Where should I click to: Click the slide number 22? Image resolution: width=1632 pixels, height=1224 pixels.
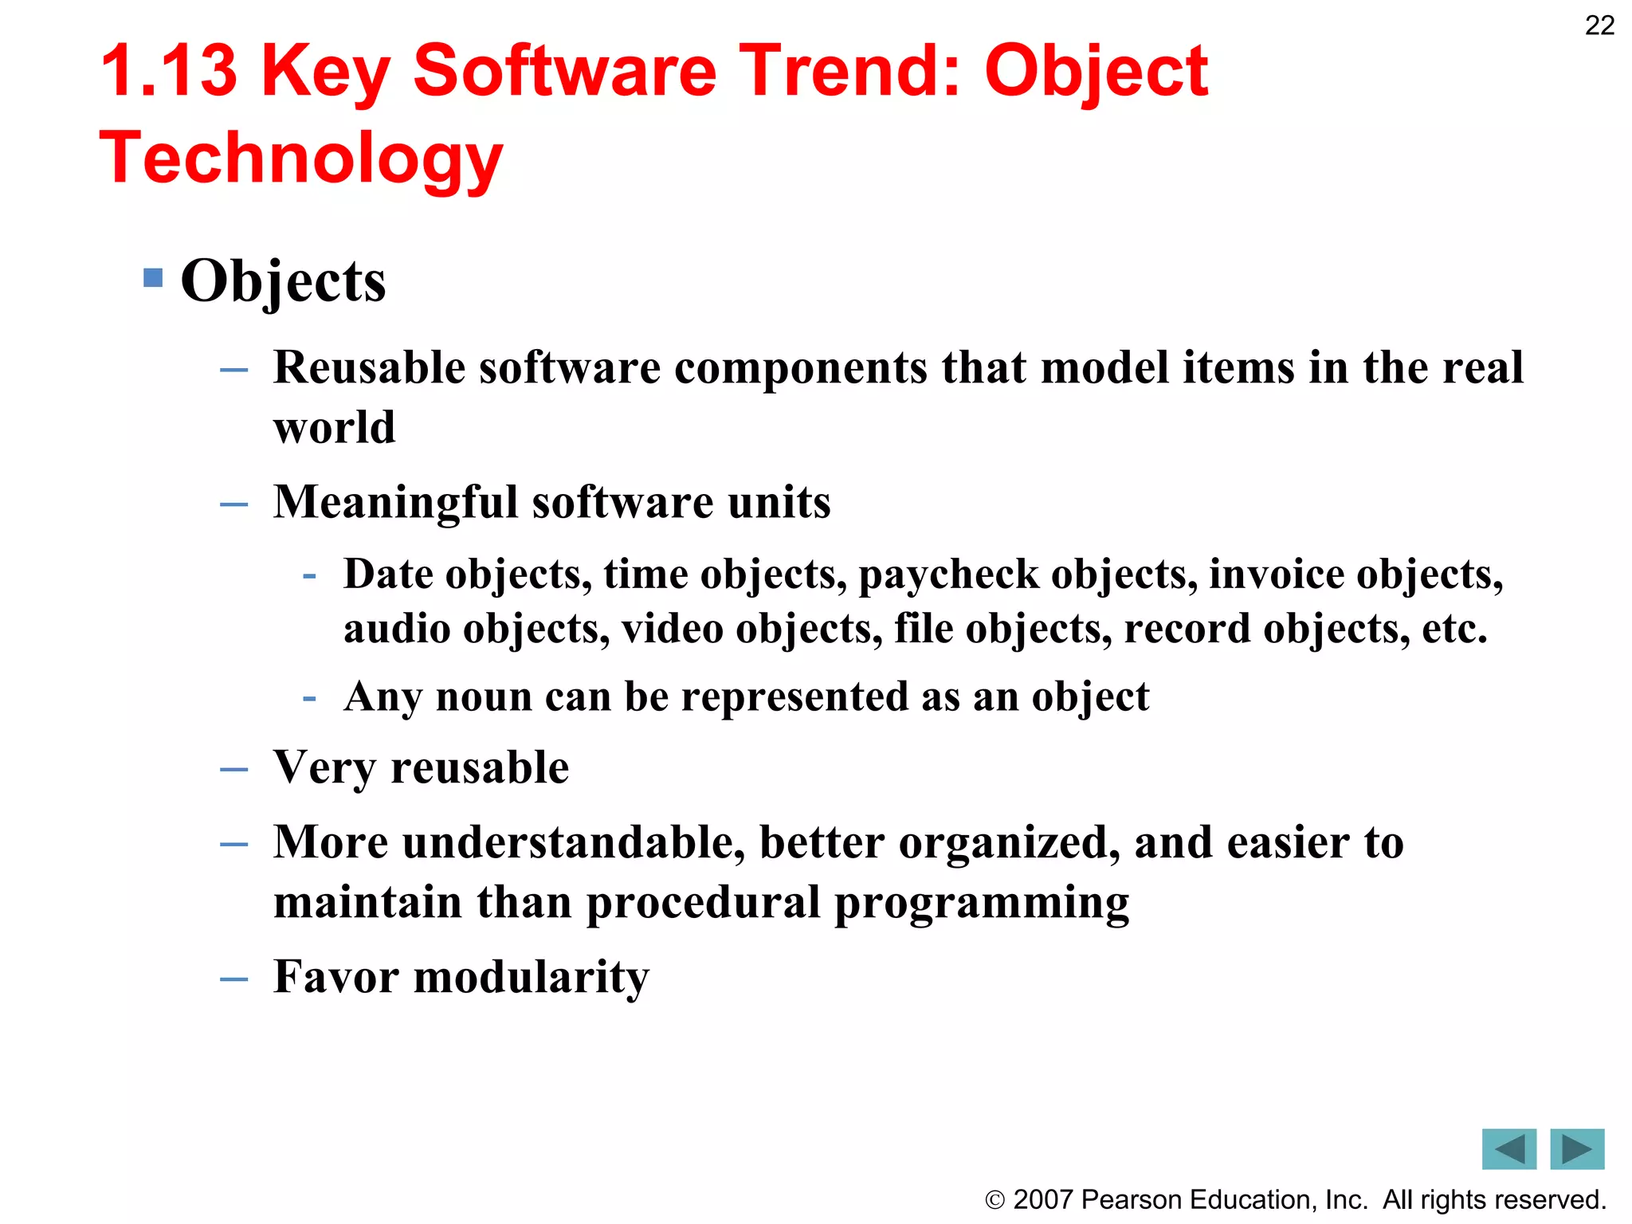point(1599,25)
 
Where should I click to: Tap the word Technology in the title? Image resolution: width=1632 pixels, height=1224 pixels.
point(301,158)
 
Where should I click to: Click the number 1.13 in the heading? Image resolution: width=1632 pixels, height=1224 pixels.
point(169,72)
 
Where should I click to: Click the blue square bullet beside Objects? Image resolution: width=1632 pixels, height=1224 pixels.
point(153,277)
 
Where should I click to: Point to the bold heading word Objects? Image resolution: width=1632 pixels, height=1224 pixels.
point(283,281)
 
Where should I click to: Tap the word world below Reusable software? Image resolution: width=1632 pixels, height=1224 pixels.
point(334,427)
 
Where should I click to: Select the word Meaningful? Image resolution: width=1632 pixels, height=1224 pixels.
point(395,503)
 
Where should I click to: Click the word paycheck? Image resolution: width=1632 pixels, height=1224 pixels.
point(948,575)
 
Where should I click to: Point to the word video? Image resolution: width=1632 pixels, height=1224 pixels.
point(672,629)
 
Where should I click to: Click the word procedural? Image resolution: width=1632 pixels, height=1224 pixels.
point(703,902)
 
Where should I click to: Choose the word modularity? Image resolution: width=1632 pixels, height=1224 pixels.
point(531,977)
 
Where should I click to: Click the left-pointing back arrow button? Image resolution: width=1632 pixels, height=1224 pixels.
point(1508,1149)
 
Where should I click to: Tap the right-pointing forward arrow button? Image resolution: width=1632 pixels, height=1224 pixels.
point(1576,1149)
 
